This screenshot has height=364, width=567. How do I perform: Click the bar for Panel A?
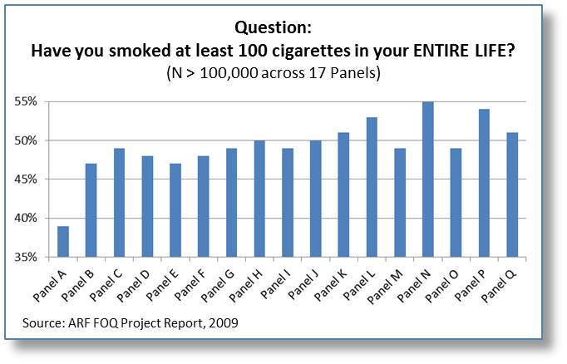[x=63, y=242]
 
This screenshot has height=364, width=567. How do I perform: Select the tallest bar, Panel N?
[x=428, y=180]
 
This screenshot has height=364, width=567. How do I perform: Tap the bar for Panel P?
[x=484, y=183]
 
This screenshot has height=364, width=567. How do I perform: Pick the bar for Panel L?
[x=372, y=187]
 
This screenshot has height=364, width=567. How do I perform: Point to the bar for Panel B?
[x=91, y=210]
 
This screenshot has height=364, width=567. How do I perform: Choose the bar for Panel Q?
[x=512, y=194]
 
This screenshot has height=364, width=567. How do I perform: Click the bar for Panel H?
[x=259, y=199]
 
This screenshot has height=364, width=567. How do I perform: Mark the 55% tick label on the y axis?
[x=26, y=101]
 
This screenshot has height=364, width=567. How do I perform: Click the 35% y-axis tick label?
[x=26, y=257]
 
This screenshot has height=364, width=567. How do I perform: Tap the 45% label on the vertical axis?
[x=26, y=180]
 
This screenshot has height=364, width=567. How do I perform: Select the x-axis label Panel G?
[x=219, y=286]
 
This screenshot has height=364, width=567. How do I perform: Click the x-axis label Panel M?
[x=385, y=286]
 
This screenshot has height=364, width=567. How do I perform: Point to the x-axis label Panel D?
[x=134, y=286]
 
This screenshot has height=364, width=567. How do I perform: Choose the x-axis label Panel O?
[x=442, y=286]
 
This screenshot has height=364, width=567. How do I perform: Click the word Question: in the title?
[x=273, y=27]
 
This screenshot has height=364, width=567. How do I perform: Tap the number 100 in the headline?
[x=253, y=51]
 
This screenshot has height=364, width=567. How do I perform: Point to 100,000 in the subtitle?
[x=229, y=73]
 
